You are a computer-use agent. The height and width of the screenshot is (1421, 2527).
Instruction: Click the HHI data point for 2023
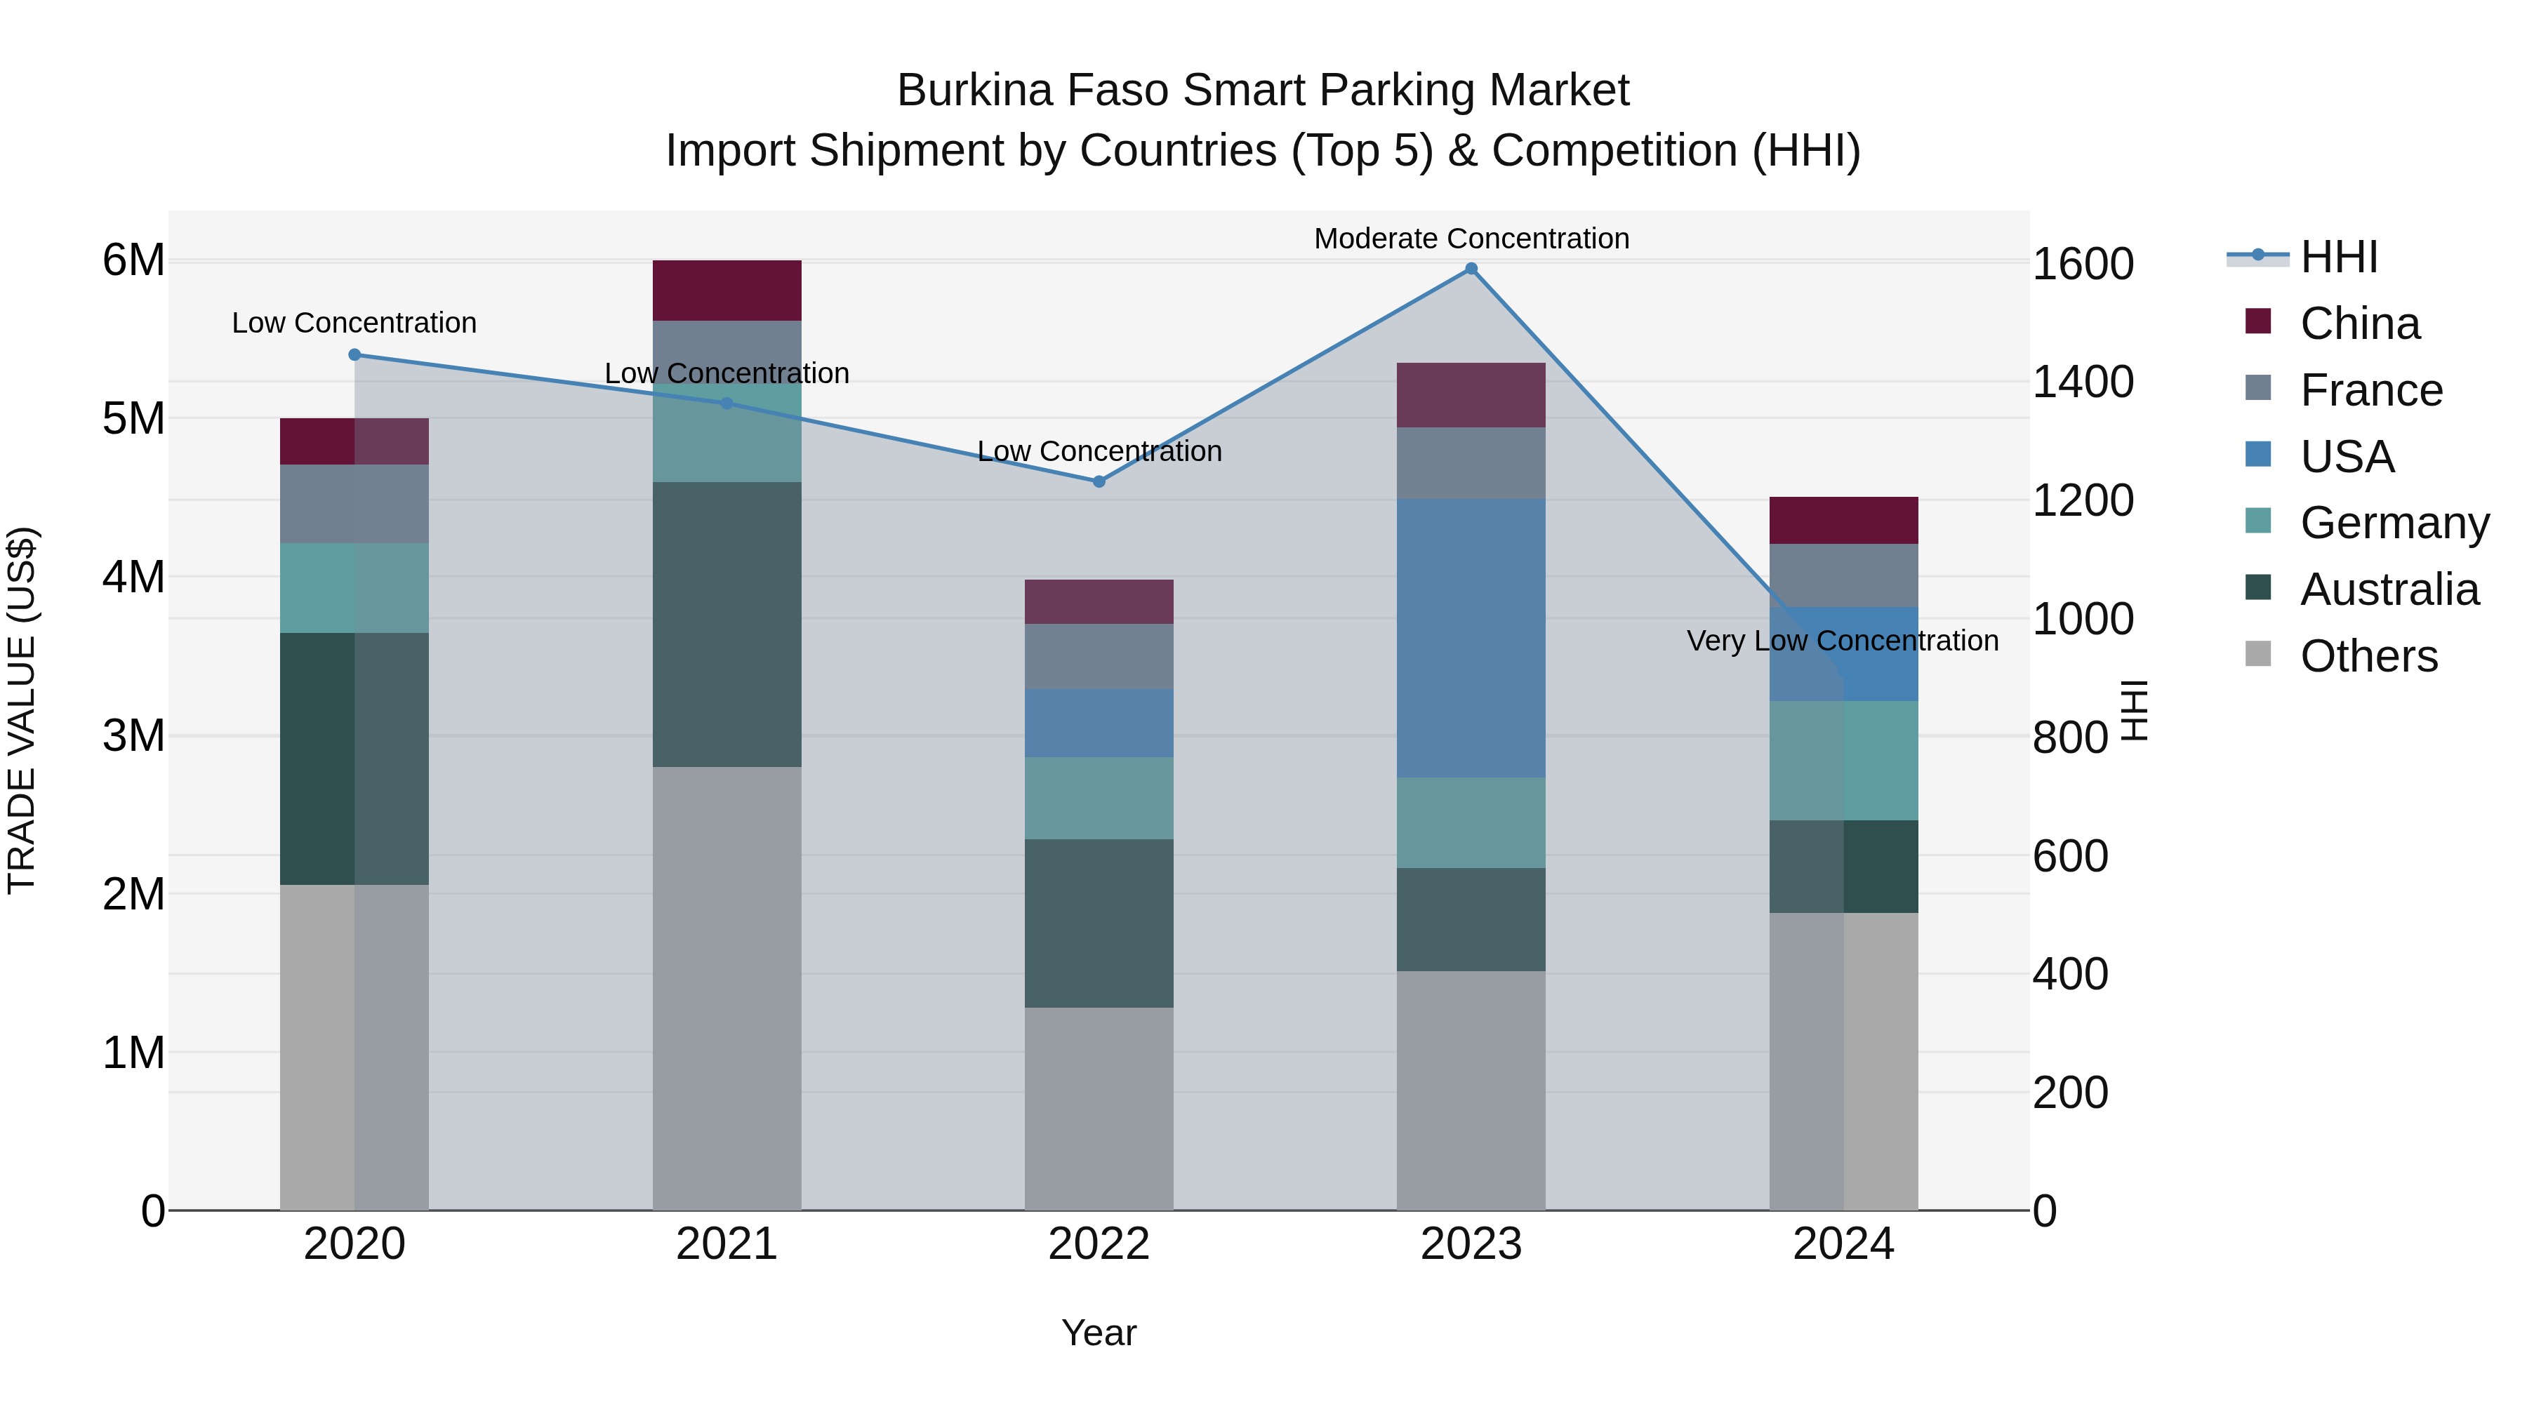tap(1471, 269)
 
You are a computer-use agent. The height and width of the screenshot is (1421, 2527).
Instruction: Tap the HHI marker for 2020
tap(354, 355)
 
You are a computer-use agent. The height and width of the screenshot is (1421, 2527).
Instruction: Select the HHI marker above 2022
tap(1099, 481)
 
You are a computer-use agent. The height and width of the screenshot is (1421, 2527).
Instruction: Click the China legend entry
tap(2359, 323)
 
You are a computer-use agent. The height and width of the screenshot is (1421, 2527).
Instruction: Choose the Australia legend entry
tap(2388, 589)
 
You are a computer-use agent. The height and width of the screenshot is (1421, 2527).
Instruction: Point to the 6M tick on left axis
tap(133, 261)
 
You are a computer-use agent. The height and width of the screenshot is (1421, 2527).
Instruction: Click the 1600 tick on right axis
tap(2083, 265)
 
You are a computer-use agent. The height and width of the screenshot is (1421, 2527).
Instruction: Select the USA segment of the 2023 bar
tap(1471, 637)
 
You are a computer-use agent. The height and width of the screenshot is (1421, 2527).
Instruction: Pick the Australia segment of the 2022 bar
tap(1099, 923)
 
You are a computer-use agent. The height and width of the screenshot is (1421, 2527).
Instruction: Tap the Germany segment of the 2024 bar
tap(1843, 760)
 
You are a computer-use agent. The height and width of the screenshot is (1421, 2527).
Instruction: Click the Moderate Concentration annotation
tap(1471, 239)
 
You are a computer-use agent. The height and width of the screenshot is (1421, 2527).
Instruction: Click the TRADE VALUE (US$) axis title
tap(22, 710)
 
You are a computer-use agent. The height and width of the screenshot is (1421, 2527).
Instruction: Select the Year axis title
tap(1099, 1333)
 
